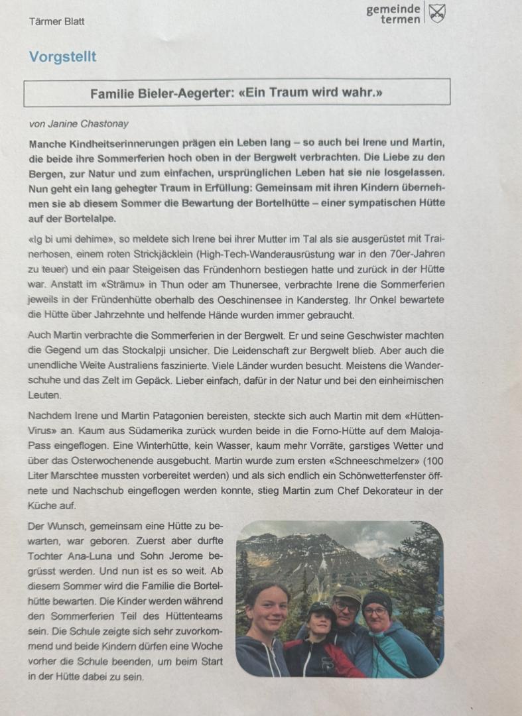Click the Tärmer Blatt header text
click(56, 21)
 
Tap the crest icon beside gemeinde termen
click(436, 13)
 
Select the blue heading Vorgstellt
click(62, 57)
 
